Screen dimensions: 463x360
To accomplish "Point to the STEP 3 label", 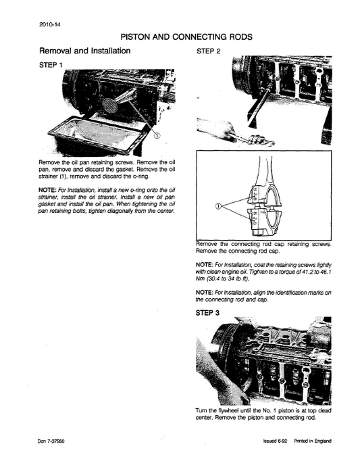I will click(208, 313).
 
